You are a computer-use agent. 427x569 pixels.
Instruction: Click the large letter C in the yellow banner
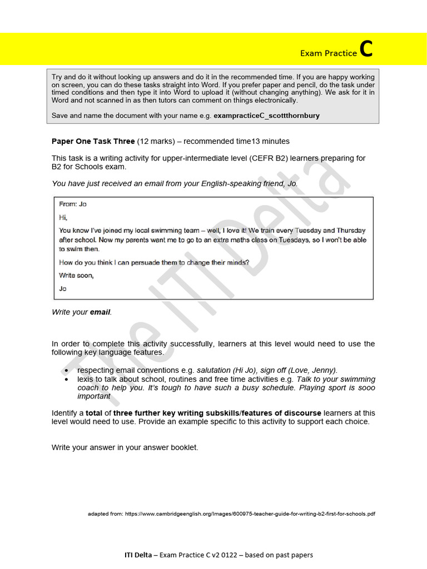(x=366, y=49)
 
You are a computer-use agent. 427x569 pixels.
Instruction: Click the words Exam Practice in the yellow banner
(x=328, y=53)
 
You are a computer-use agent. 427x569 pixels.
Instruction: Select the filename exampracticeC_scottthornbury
(x=267, y=116)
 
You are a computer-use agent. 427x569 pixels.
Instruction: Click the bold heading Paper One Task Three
(x=93, y=141)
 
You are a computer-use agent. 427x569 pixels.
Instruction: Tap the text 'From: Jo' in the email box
(x=73, y=204)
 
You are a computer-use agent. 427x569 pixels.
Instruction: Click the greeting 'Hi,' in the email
(x=63, y=217)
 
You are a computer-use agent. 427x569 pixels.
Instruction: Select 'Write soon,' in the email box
(x=76, y=275)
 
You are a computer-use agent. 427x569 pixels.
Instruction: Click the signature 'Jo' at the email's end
(x=62, y=288)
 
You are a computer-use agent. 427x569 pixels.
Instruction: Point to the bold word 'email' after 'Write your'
(x=100, y=312)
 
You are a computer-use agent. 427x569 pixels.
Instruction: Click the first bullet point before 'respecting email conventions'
(x=67, y=370)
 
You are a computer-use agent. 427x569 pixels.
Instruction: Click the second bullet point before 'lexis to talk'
(x=67, y=379)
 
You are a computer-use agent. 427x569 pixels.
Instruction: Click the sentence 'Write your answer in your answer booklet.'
(x=125, y=447)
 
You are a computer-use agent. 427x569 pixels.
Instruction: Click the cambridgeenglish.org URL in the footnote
(x=250, y=514)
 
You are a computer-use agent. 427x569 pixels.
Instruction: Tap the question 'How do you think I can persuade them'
(x=154, y=262)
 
